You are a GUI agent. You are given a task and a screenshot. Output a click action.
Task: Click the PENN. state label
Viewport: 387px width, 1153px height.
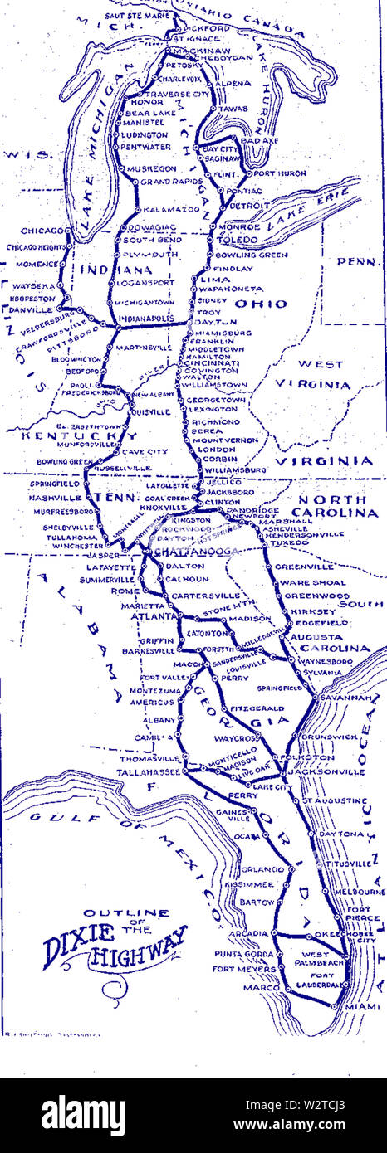pos(359,261)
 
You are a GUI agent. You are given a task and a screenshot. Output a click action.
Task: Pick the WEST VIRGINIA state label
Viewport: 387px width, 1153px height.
pos(311,374)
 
